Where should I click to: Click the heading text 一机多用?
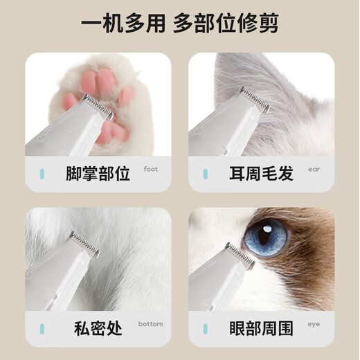(123, 26)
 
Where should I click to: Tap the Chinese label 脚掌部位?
(102, 173)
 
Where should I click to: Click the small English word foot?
(151, 169)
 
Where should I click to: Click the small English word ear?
(314, 169)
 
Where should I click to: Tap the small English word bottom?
(151, 324)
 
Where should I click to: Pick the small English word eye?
(314, 324)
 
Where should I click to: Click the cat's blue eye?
(266, 235)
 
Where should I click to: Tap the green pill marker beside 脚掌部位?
(42, 174)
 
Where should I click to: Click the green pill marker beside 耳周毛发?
(206, 174)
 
